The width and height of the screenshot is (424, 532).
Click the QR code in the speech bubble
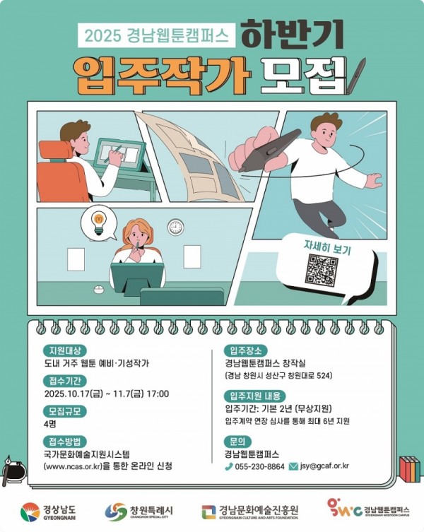pyautogui.click(x=322, y=270)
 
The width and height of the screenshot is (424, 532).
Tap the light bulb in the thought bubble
pyautogui.click(x=99, y=223)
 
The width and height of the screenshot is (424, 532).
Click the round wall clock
pyautogui.click(x=175, y=227)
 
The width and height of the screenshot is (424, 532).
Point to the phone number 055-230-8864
pyautogui.click(x=259, y=466)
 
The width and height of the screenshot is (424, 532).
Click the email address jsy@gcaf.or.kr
pyautogui.click(x=324, y=466)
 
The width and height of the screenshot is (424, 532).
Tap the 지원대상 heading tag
pyautogui.click(x=65, y=350)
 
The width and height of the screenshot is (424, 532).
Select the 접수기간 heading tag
pyautogui.click(x=65, y=381)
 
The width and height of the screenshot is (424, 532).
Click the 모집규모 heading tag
pyautogui.click(x=65, y=411)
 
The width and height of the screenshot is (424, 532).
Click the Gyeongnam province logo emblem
pyautogui.click(x=30, y=512)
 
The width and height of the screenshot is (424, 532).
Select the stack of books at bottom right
pyautogui.click(x=410, y=469)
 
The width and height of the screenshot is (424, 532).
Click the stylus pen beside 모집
pyautogui.click(x=356, y=76)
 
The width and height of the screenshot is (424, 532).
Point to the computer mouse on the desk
pyautogui.click(x=99, y=290)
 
